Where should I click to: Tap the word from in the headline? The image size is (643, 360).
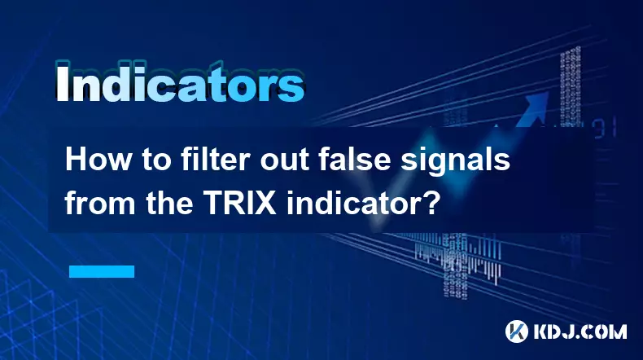(94, 200)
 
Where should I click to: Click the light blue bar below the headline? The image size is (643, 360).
(100, 270)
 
